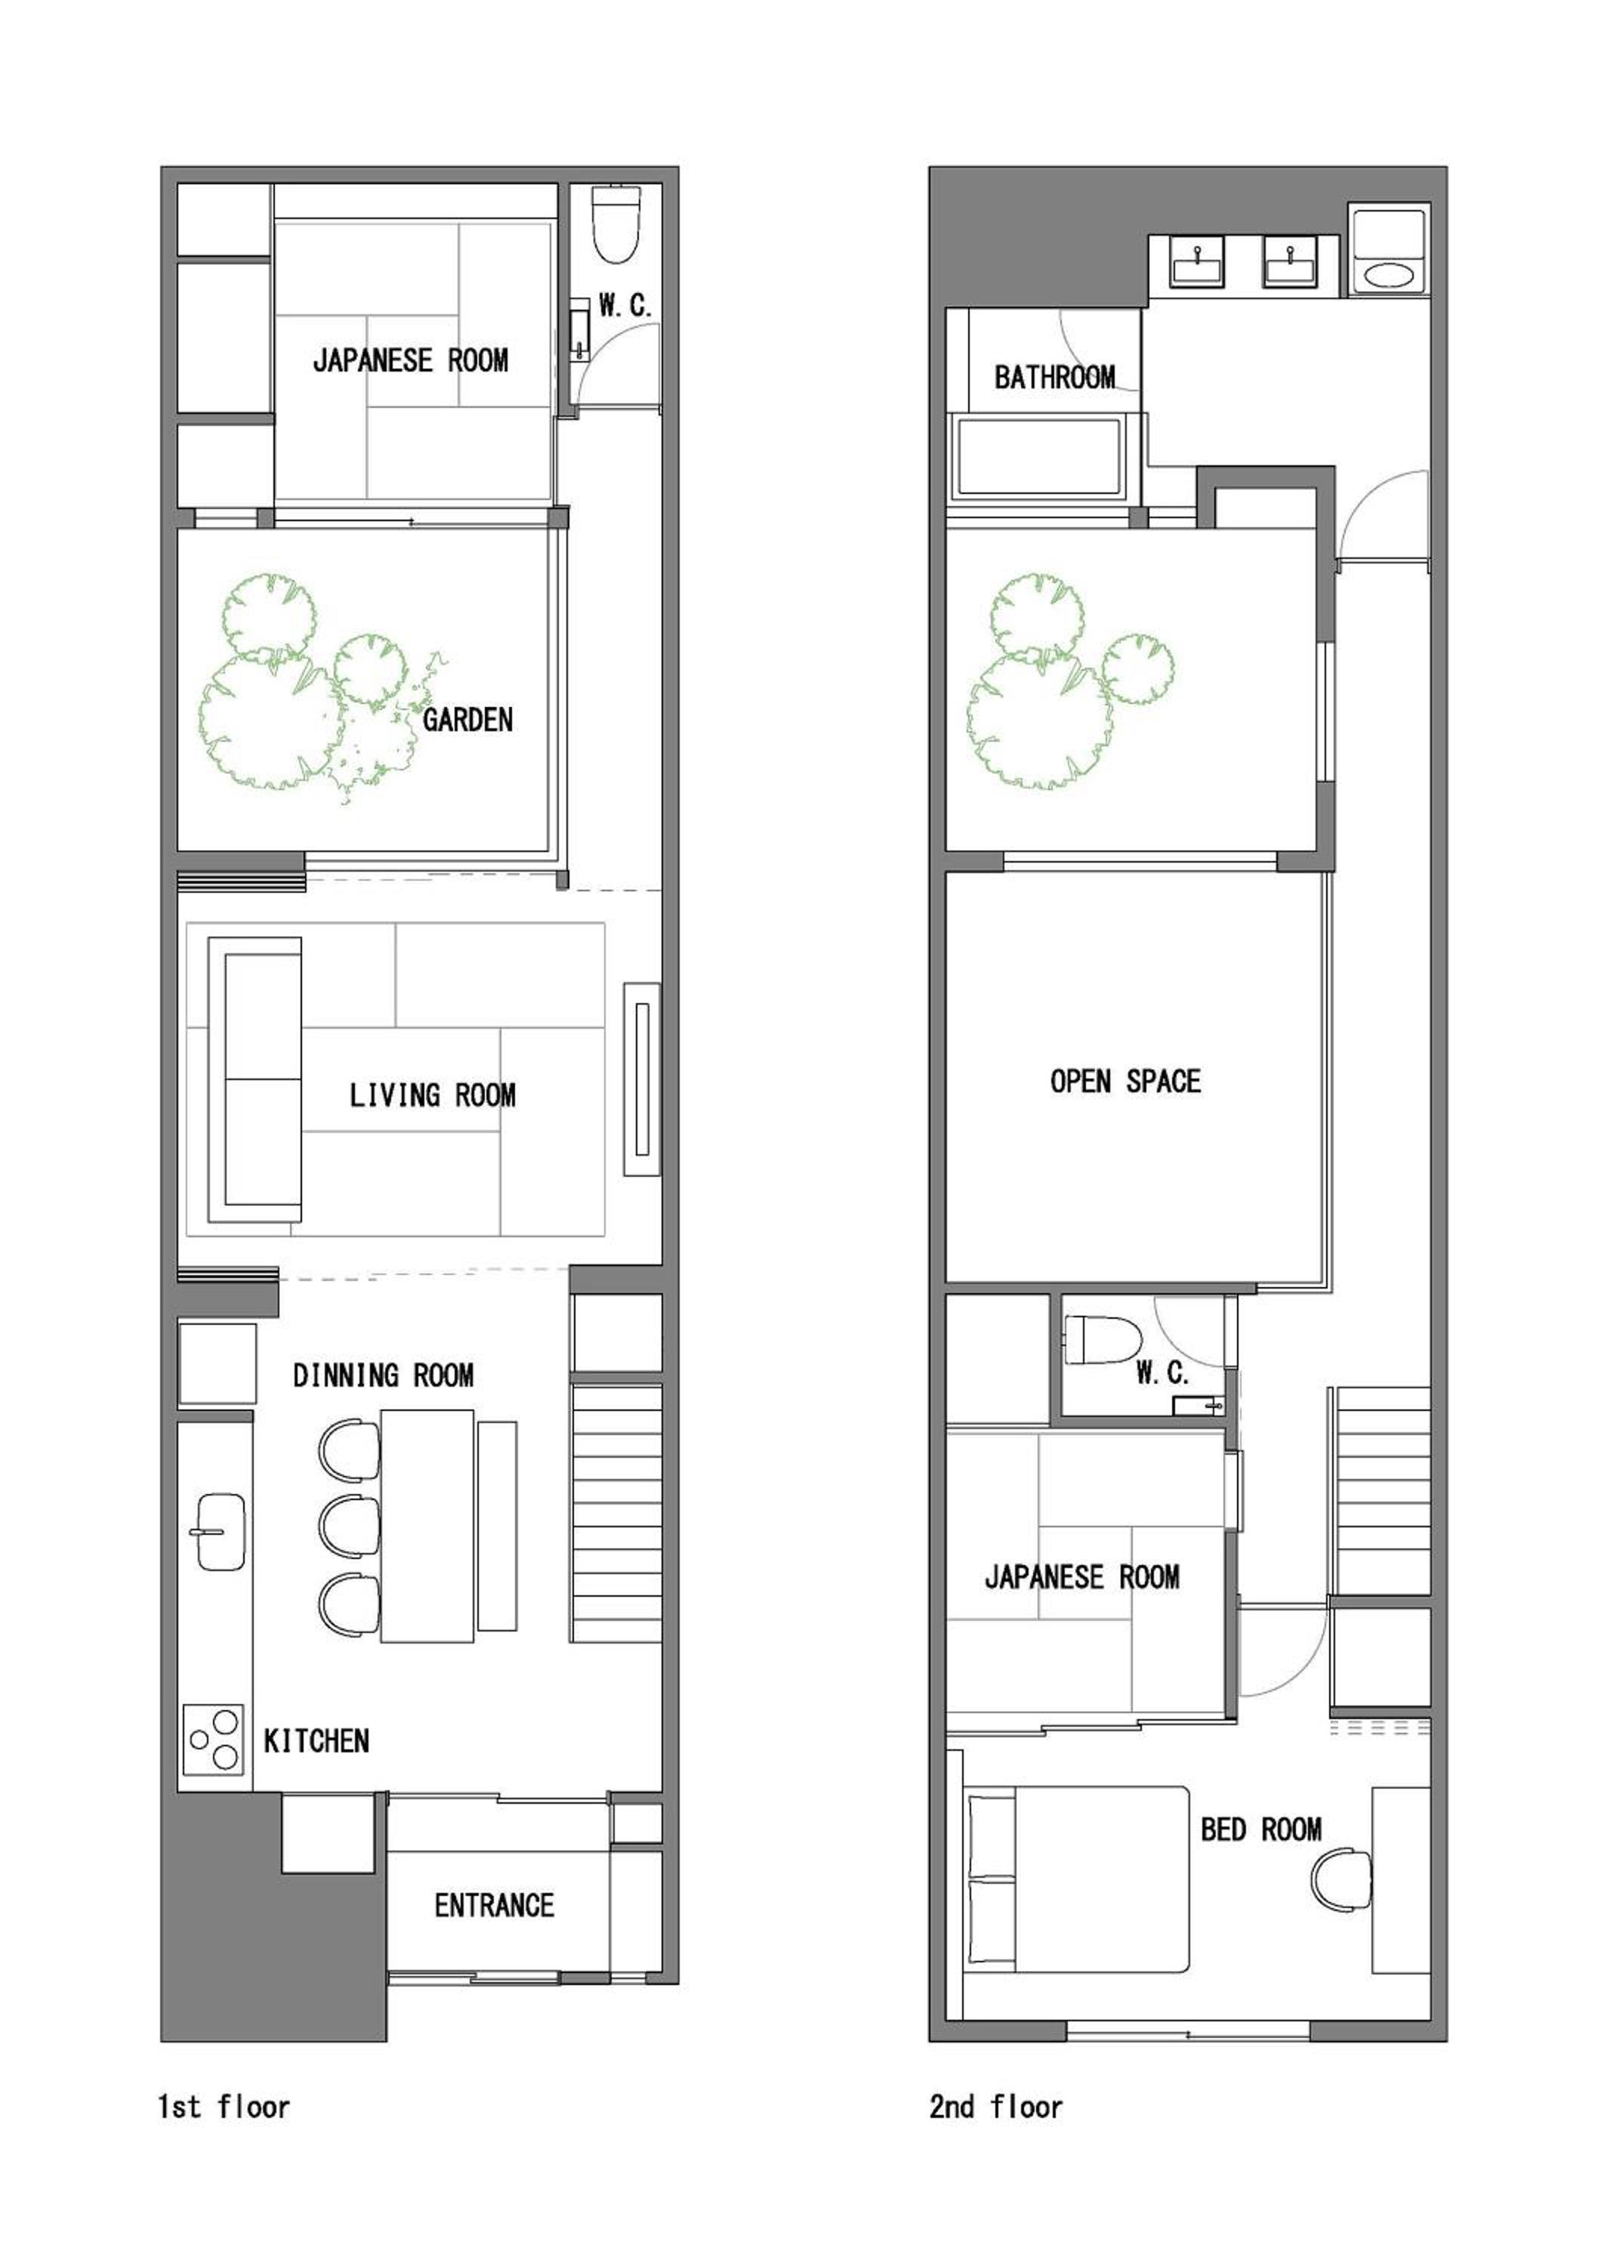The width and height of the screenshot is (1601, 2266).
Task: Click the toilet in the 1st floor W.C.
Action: click(x=615, y=225)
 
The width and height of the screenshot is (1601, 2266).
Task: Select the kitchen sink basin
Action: click(x=221, y=1531)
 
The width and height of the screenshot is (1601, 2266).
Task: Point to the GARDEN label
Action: click(x=467, y=720)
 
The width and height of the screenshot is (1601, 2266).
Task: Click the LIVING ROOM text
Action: click(x=432, y=1094)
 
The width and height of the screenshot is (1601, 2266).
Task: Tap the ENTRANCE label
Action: click(x=494, y=1905)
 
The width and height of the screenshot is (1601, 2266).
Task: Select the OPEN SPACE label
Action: click(x=1125, y=1081)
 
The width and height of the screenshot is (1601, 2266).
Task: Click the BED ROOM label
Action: click(x=1260, y=1829)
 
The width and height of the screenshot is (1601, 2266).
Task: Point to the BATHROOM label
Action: click(x=1054, y=377)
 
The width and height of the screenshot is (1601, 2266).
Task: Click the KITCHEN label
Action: click(x=316, y=1741)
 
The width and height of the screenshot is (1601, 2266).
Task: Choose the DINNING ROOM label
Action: click(x=383, y=1375)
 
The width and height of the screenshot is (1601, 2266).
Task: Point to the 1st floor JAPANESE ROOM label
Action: click(x=410, y=360)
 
